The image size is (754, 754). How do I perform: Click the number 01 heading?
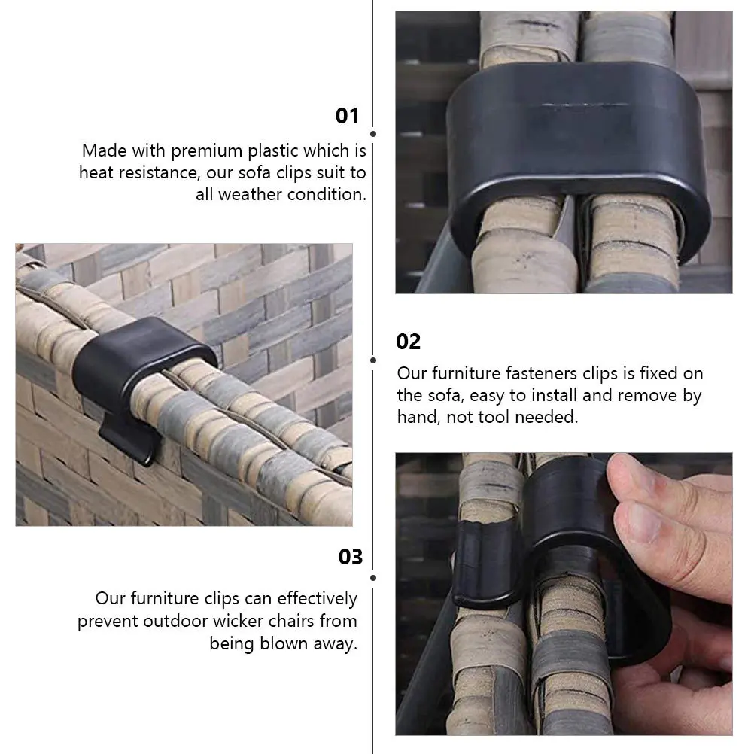point(347,116)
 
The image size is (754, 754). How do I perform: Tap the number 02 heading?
point(409,342)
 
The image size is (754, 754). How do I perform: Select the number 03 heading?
point(351,557)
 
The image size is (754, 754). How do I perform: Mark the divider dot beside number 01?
point(374,133)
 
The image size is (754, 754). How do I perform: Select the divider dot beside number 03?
point(374,578)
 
